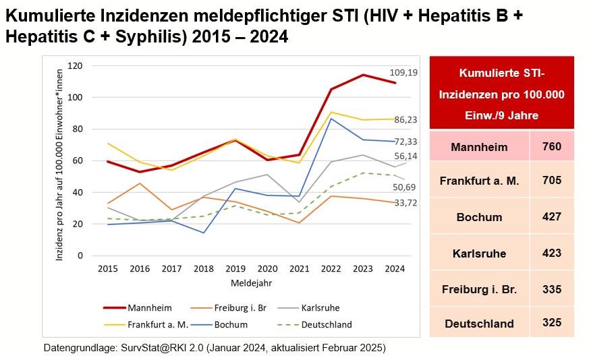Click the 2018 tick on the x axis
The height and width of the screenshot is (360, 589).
pos(203,268)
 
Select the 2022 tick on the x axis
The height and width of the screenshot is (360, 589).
pos(331,268)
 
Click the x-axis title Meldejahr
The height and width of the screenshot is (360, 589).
pos(251,282)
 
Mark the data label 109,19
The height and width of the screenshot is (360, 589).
pos(403,72)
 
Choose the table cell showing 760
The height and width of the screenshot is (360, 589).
pos(552,146)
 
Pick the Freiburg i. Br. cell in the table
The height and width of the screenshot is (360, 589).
pos(480,290)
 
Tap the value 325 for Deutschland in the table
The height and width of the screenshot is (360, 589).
pos(552,323)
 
